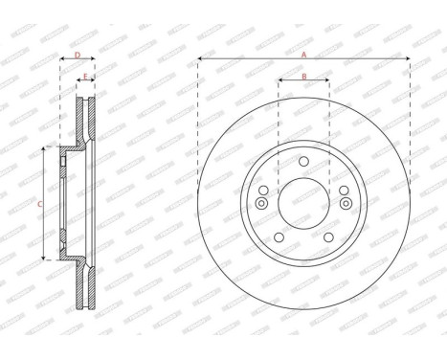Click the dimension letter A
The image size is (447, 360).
coord(303,54)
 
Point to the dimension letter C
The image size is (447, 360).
coord(39,204)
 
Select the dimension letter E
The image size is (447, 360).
coord(85,76)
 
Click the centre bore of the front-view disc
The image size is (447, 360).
coord(303,203)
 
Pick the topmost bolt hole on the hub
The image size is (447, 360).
coord(303,161)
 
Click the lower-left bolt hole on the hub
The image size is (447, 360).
coord(279,237)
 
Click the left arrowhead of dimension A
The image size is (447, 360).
coord(201,60)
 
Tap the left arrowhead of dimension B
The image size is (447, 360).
coord(279,82)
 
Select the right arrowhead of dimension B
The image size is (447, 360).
coord(327,82)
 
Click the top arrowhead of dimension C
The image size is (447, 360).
coord(46,149)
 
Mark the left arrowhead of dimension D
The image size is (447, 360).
coord(62,62)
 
